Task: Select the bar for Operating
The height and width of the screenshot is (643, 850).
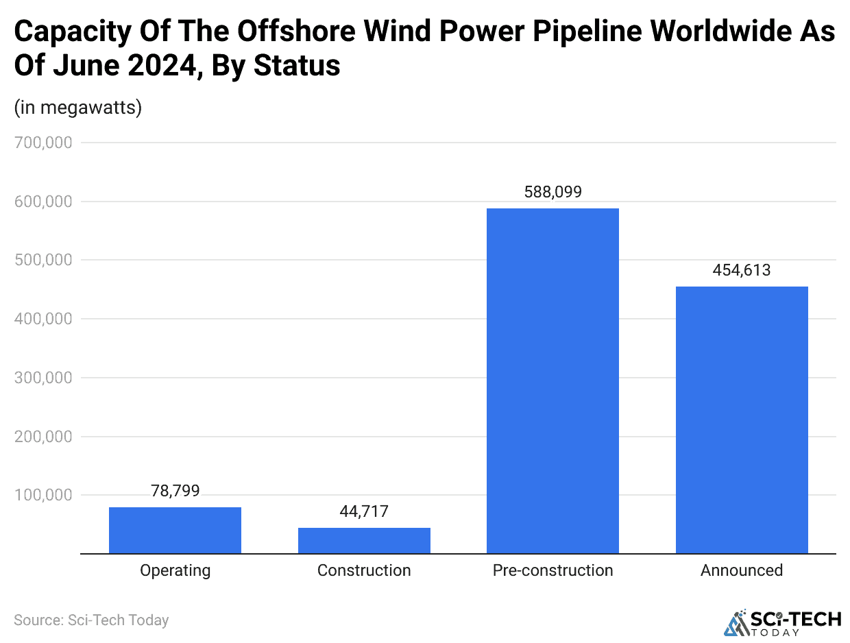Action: (x=175, y=530)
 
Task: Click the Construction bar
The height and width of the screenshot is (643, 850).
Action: (x=364, y=540)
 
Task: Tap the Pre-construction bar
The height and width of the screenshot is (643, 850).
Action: (x=552, y=380)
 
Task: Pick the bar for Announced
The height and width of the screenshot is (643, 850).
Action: (x=742, y=420)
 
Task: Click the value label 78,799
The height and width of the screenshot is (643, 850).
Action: (x=175, y=490)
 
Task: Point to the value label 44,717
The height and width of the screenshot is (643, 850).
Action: (x=364, y=511)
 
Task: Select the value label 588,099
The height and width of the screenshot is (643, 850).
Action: (x=552, y=192)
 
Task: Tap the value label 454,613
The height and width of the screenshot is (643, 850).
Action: (x=742, y=270)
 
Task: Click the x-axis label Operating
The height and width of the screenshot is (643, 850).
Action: (x=175, y=570)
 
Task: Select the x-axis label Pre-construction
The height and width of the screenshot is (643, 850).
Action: (x=552, y=570)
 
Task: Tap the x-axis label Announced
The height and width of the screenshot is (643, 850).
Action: (x=742, y=570)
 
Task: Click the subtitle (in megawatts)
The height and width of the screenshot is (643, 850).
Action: (x=77, y=108)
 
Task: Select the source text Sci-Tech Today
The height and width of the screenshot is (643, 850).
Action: (x=118, y=620)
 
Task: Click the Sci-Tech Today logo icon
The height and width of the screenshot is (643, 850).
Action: (x=737, y=622)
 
